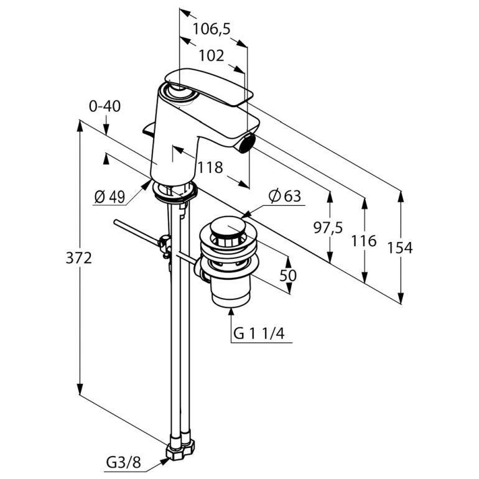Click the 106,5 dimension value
click(x=212, y=29)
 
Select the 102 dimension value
click(x=212, y=55)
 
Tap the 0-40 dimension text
click(x=105, y=106)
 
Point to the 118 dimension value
click(x=210, y=168)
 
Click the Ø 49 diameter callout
click(x=110, y=197)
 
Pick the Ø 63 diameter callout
click(x=285, y=196)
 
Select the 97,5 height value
click(x=328, y=228)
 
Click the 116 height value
click(x=363, y=241)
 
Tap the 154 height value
click(x=400, y=248)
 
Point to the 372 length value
click(x=79, y=258)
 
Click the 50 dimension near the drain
click(x=288, y=276)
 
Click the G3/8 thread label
click(x=123, y=463)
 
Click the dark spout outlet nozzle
click(x=247, y=143)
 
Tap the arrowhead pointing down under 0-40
click(x=106, y=129)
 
